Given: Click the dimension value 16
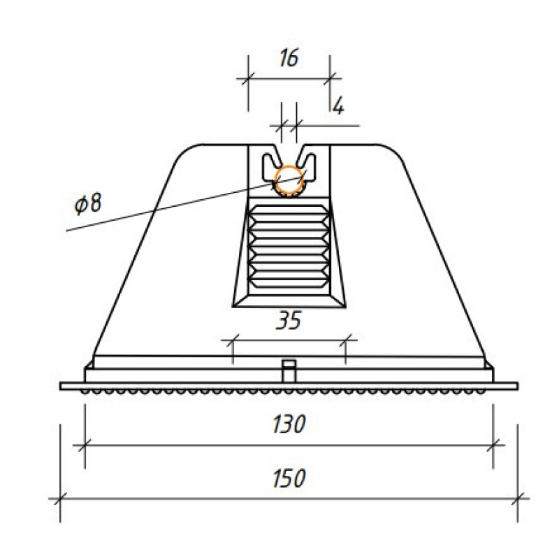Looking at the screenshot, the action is [x=289, y=58].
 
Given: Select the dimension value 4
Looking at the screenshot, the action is [x=338, y=106].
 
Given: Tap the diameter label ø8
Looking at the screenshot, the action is [x=88, y=203].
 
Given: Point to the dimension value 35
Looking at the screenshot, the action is [x=289, y=320].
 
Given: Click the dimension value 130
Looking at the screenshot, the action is [x=289, y=424].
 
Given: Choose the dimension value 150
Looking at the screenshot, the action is [x=289, y=478].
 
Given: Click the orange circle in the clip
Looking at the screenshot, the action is [x=289, y=180].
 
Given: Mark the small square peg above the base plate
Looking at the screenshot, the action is [x=289, y=371].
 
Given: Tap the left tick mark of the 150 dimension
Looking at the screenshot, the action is [x=60, y=499].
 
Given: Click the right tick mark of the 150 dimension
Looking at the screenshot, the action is [x=518, y=499].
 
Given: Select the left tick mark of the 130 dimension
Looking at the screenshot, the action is [x=85, y=445].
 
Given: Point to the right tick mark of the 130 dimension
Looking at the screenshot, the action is [x=493, y=445].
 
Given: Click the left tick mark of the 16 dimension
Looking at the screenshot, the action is [x=248, y=78].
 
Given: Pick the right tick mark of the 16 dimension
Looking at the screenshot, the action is [x=330, y=78].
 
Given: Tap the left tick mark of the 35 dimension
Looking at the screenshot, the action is [x=233, y=340].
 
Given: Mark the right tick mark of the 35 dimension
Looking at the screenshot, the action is [x=345, y=340].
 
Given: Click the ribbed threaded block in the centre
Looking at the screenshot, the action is [x=289, y=247].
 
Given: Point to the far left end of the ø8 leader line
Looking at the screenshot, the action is [x=66, y=231].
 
